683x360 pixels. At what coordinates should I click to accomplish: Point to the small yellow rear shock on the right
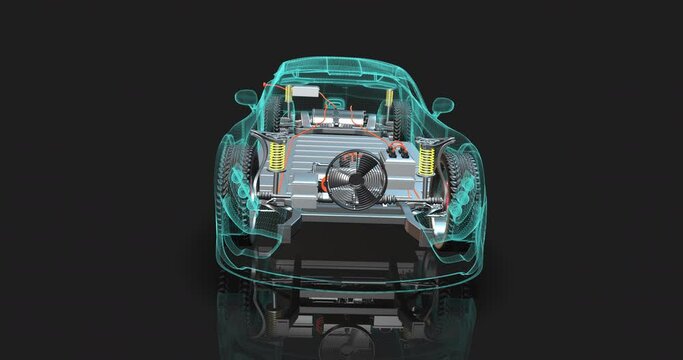391,100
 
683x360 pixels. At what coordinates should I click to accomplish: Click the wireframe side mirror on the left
245,98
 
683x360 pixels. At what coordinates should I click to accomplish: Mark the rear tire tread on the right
400,120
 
